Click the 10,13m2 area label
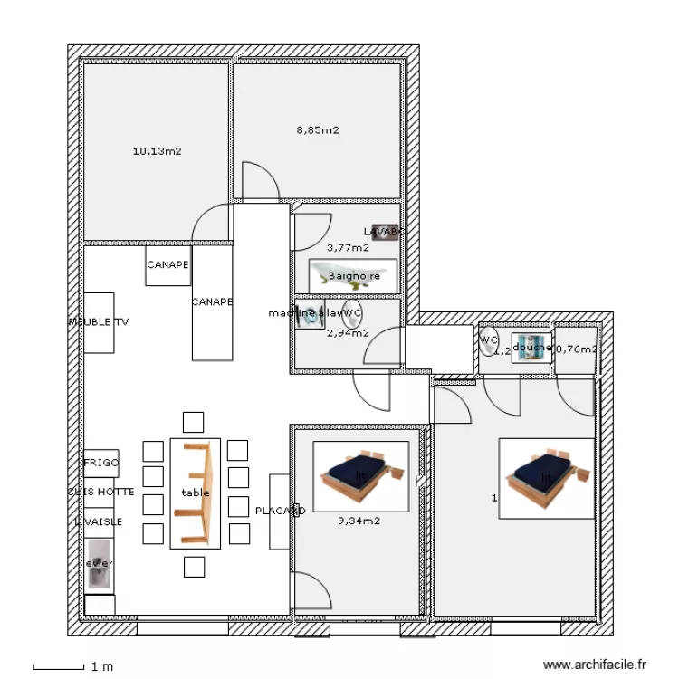point(157,151)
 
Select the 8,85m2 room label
point(318,129)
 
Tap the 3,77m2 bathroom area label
point(348,247)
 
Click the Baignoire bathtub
point(353,275)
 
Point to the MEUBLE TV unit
point(99,322)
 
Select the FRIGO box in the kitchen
point(100,463)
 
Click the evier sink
point(99,564)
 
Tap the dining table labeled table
point(195,493)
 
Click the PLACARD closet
point(279,511)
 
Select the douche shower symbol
point(531,348)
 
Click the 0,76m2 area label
point(576,349)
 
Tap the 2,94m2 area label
point(348,332)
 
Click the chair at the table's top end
point(193,422)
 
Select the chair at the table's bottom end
point(194,567)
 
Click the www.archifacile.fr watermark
point(595,665)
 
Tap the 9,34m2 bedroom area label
point(359,521)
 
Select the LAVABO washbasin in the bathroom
point(385,232)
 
